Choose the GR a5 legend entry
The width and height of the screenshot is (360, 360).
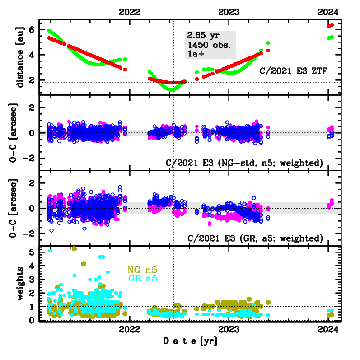pos(143,278)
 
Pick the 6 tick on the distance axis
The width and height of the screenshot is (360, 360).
pos(31,29)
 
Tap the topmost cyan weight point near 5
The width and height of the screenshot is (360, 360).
pos(50,251)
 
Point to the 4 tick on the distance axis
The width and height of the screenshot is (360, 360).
pos(31,55)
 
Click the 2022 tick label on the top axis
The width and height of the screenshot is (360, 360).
pos(130,12)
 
